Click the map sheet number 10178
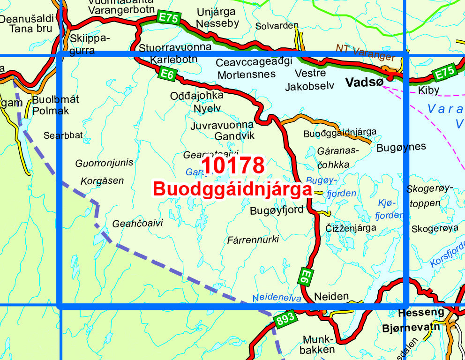(x=233, y=166)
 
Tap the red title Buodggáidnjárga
(x=232, y=189)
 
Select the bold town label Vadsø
(x=364, y=82)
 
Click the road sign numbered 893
(x=285, y=319)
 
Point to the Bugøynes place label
(x=401, y=147)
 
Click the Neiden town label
(x=332, y=296)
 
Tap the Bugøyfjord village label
(x=277, y=210)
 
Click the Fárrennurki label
(x=253, y=240)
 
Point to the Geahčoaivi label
(x=137, y=224)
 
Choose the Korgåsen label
(x=102, y=180)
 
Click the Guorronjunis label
(x=104, y=163)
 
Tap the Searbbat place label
(x=63, y=135)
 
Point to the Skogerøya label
(x=435, y=229)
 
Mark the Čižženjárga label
(x=351, y=228)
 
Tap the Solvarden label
(x=277, y=26)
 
